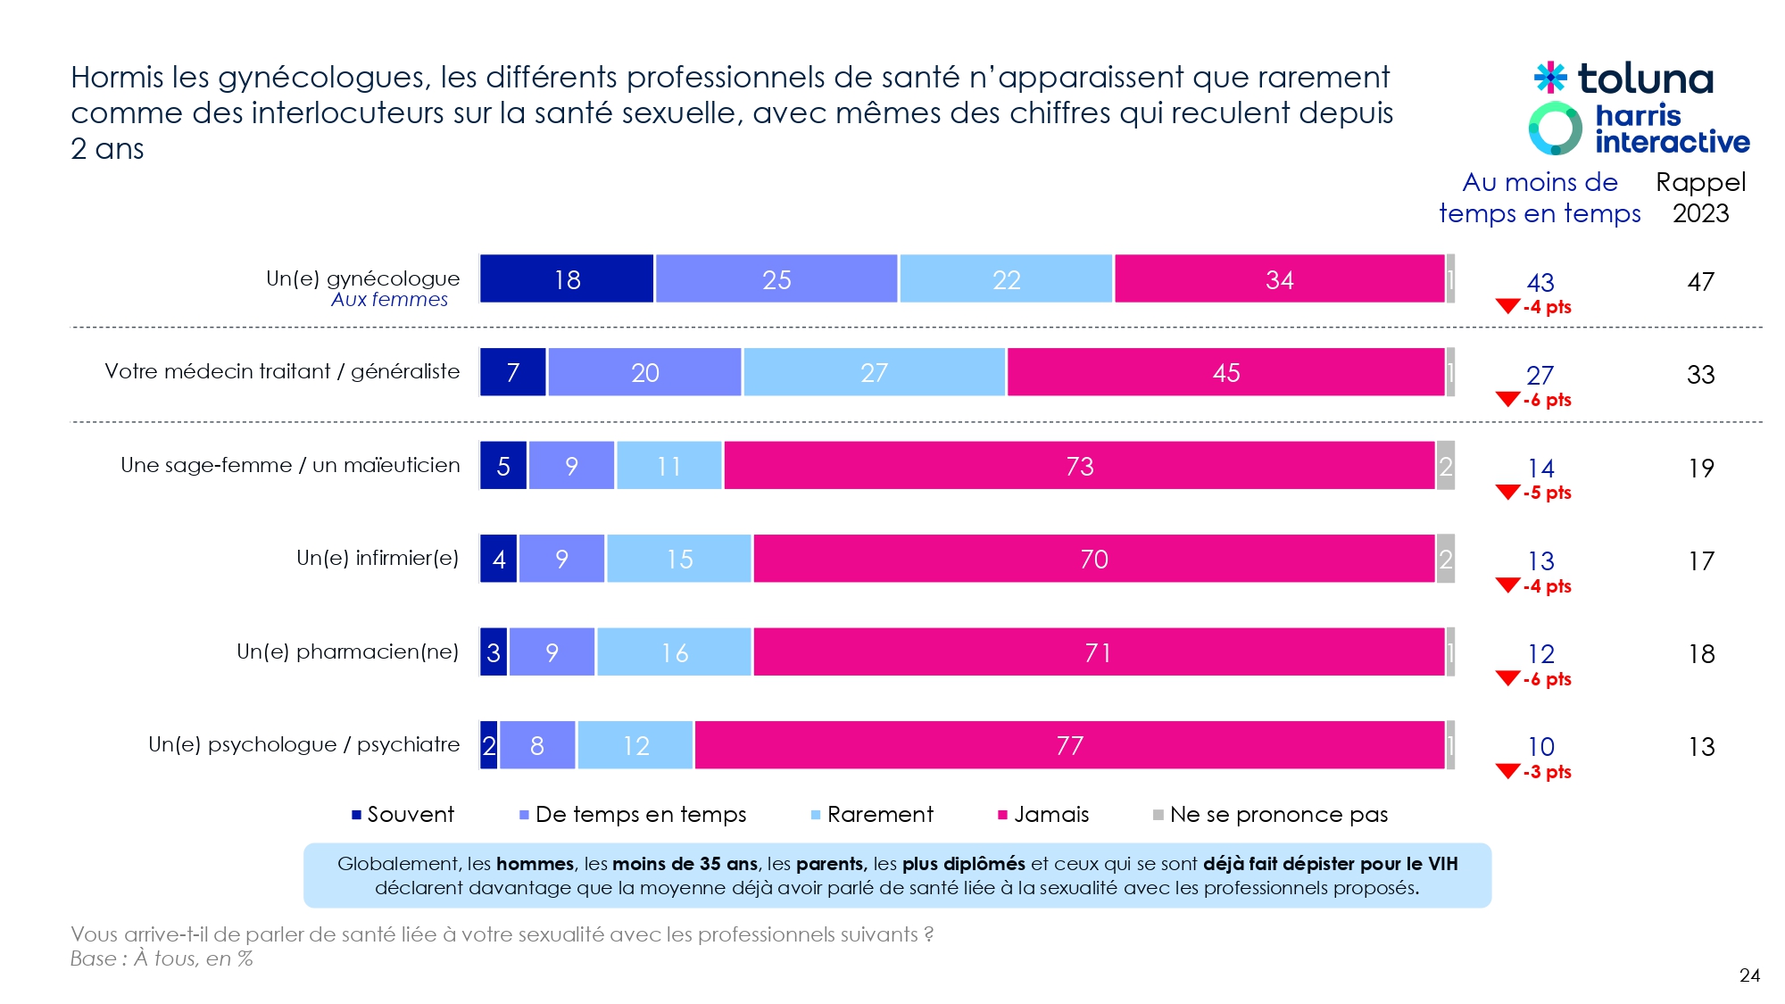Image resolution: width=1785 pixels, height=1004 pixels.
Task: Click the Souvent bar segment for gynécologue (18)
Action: tap(567, 279)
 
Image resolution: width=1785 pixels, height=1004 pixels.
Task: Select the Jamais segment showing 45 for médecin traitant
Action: tap(1225, 372)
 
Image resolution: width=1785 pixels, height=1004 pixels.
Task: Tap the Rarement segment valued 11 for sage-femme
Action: tap(668, 466)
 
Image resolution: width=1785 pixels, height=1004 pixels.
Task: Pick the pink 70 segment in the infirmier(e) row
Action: tap(1093, 559)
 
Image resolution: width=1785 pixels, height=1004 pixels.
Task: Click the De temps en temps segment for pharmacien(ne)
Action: tap(552, 652)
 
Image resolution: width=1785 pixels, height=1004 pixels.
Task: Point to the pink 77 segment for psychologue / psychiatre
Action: tap(1069, 745)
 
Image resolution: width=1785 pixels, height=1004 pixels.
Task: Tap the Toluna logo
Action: tap(1624, 79)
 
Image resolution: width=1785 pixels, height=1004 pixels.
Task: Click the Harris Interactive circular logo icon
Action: tap(1555, 129)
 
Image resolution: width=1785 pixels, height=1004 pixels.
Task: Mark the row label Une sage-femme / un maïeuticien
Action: tap(290, 465)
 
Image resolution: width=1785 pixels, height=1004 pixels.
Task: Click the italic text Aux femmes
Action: tap(389, 300)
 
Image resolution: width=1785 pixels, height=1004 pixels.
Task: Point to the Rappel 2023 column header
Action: tap(1700, 197)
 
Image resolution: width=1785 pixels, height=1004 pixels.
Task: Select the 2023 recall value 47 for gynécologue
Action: tap(1700, 282)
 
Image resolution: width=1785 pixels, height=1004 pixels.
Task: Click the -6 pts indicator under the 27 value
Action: tap(1547, 400)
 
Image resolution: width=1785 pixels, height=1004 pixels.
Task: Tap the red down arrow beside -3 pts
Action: tap(1507, 771)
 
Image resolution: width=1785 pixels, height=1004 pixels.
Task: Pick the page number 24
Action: tap(1749, 975)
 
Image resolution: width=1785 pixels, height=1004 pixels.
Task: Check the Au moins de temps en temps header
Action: tap(1540, 197)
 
